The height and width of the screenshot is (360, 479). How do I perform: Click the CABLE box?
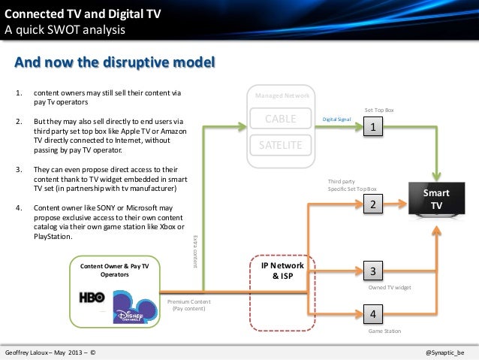282,119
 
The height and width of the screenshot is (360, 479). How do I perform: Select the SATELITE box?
282,144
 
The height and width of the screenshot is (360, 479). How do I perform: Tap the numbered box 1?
372,129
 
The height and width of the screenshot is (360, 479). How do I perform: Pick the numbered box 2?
372,204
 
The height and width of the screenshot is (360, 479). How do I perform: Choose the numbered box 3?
372,271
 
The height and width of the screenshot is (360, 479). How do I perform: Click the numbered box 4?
372,313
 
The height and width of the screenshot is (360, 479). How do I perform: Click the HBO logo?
92,297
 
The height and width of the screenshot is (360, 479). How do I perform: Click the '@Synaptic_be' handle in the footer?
444,351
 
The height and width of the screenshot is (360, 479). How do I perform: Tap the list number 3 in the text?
19,171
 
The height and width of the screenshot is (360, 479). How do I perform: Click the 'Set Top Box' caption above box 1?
379,110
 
